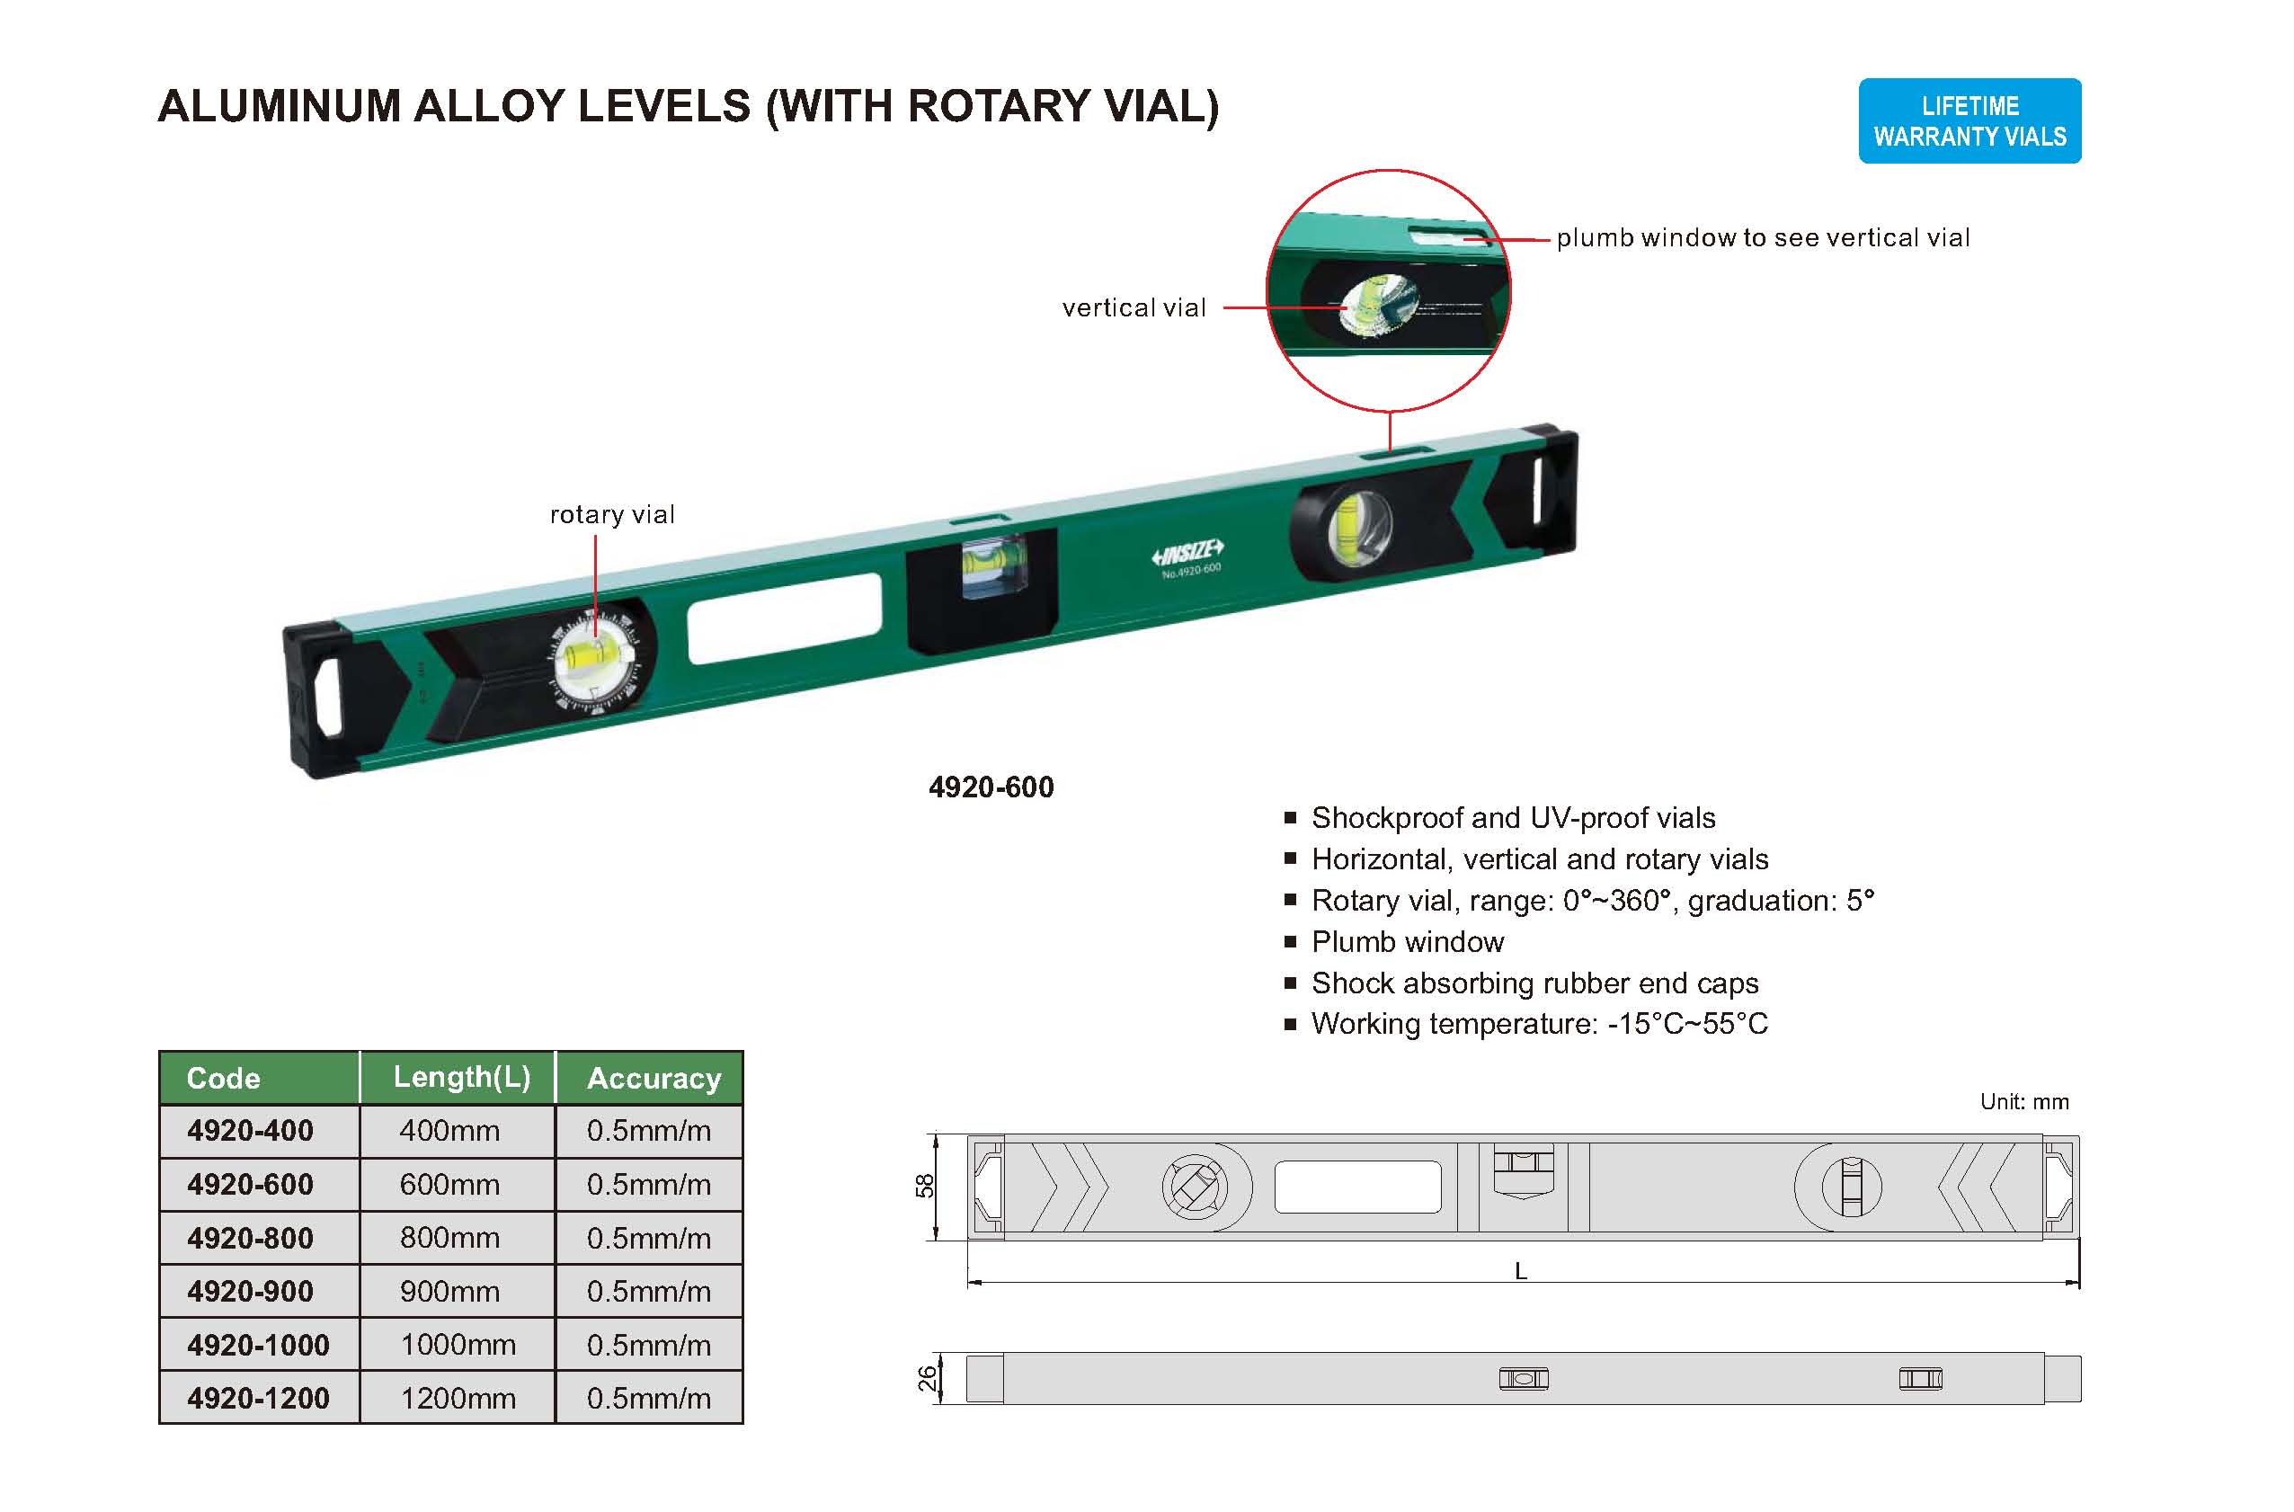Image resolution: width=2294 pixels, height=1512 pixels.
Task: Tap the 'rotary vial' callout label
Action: click(x=611, y=515)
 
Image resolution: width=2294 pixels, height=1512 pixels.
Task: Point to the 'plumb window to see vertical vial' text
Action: click(x=1762, y=238)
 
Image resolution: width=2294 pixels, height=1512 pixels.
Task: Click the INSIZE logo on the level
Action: click(x=1187, y=554)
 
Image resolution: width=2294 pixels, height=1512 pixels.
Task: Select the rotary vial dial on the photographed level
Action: click(x=596, y=661)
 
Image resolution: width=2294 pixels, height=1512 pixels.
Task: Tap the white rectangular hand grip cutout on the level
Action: click(x=784, y=618)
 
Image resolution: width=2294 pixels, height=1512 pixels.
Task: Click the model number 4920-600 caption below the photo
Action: click(x=991, y=787)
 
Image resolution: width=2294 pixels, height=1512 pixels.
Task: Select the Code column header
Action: click(x=223, y=1078)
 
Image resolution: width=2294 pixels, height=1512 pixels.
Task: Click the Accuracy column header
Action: click(x=653, y=1078)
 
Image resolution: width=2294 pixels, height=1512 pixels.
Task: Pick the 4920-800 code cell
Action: click(x=250, y=1238)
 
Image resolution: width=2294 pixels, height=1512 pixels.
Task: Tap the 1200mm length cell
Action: click(x=458, y=1398)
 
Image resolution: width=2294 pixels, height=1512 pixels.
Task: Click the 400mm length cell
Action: click(x=449, y=1130)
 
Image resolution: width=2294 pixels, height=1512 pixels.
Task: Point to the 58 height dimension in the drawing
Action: click(x=924, y=1186)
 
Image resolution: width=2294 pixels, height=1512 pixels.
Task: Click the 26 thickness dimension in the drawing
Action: click(x=926, y=1379)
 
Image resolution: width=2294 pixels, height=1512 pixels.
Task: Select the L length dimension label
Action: click(x=1521, y=1272)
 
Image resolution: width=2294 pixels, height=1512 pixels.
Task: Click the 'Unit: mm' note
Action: click(x=2023, y=1102)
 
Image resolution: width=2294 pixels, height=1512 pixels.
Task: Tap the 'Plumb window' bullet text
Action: click(x=1407, y=942)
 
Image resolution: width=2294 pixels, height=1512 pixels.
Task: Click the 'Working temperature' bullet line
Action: click(x=1539, y=1024)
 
